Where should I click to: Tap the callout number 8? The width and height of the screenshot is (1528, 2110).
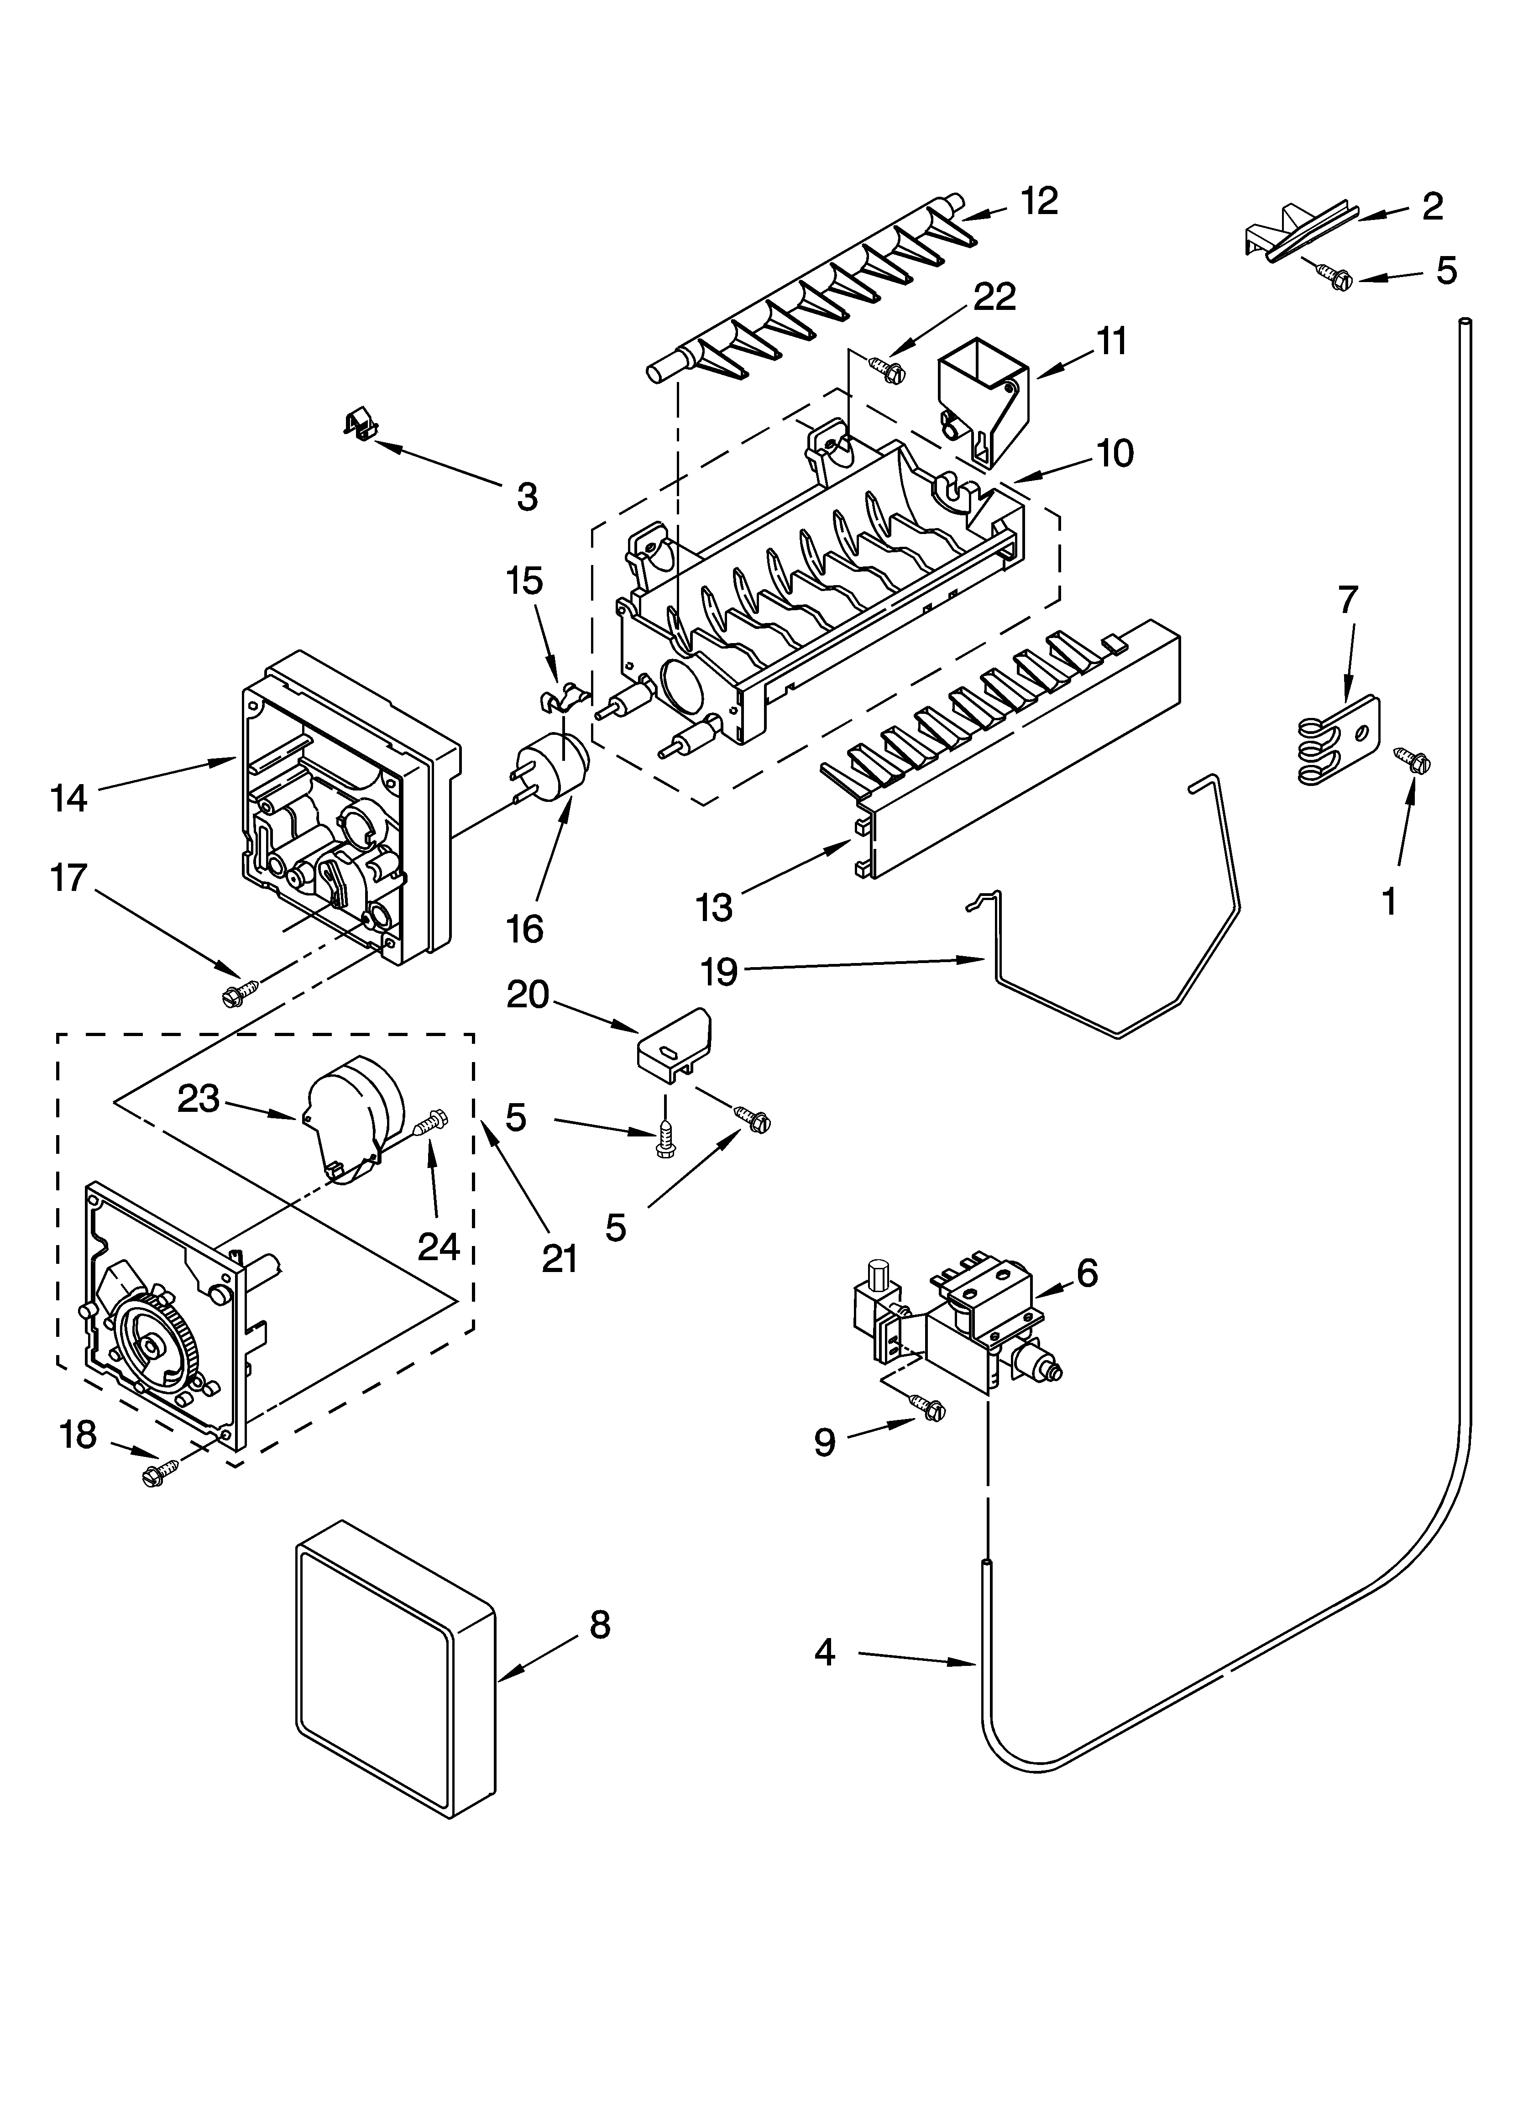click(600, 1625)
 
